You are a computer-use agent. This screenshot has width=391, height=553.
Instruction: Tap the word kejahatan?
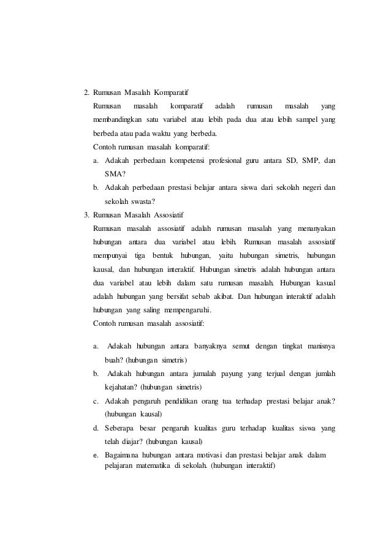tap(120, 387)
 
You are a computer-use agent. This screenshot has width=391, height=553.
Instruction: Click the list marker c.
tap(96, 402)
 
